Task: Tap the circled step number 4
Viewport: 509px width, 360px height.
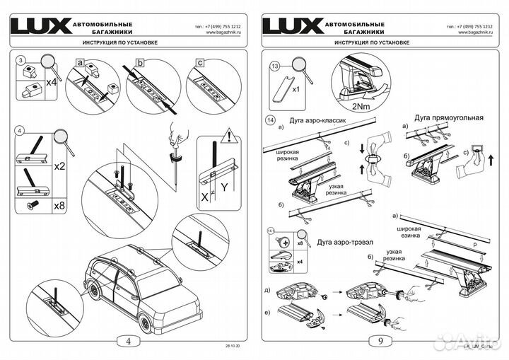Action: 21,132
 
